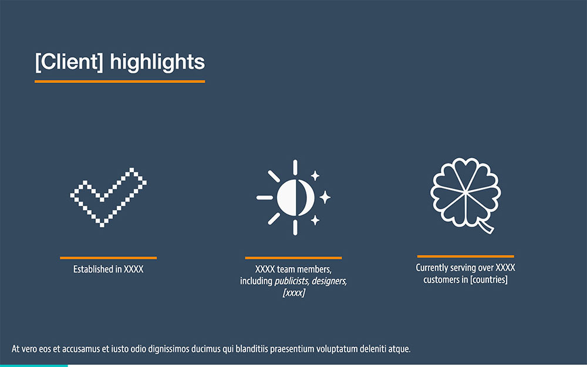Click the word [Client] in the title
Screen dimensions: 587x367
coord(69,62)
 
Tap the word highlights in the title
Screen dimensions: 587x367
coord(157,62)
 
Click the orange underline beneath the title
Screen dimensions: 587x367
coord(120,81)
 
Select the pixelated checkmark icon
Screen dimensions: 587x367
coord(108,197)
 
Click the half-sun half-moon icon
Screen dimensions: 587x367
coord(293,197)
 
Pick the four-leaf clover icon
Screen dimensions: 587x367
coord(465,196)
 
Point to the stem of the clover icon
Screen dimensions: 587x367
coord(486,227)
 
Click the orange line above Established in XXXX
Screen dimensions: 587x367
coord(108,258)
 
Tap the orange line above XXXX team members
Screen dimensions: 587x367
coord(293,258)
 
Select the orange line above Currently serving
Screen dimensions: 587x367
coord(465,256)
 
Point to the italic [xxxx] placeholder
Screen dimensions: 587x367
coord(294,292)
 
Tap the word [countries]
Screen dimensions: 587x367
coord(489,280)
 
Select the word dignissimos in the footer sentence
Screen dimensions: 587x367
coord(169,349)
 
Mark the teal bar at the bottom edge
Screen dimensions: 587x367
coord(33,365)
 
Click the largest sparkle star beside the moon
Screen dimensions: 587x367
coord(325,197)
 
